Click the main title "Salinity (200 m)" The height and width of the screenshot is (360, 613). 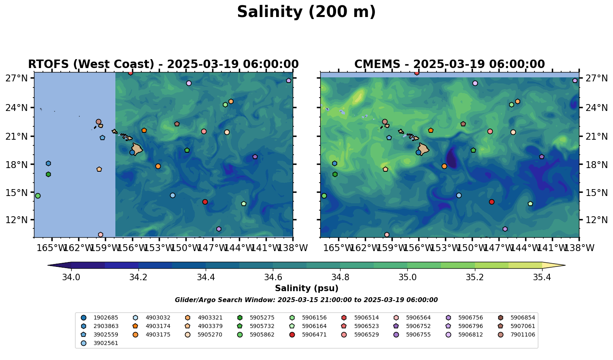pyautogui.click(x=306, y=12)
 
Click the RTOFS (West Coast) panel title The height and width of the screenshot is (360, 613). pyautogui.click(x=163, y=64)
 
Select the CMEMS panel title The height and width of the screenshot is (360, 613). pyautogui.click(x=449, y=64)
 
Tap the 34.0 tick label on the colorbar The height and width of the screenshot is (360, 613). pyautogui.click(x=71, y=277)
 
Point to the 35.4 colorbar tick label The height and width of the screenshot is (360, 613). pyautogui.click(x=542, y=277)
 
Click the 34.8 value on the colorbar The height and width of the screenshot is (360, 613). pyautogui.click(x=340, y=277)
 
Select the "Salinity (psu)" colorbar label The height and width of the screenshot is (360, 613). pyautogui.click(x=306, y=288)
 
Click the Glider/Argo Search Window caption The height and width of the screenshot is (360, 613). pyautogui.click(x=306, y=300)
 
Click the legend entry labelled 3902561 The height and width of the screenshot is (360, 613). pyautogui.click(x=103, y=343)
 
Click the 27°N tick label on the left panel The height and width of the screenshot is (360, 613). pyautogui.click(x=16, y=78)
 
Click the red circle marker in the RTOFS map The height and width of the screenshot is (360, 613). pyautogui.click(x=205, y=202)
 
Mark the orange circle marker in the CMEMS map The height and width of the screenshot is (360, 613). pyautogui.click(x=444, y=166)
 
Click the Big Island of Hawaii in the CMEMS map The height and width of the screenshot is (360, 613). pyautogui.click(x=424, y=149)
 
